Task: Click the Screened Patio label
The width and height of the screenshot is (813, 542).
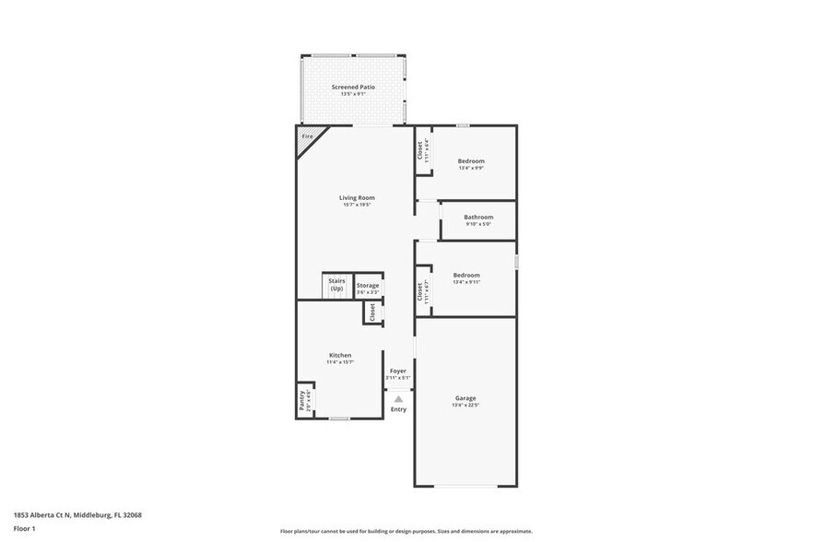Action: pos(353,87)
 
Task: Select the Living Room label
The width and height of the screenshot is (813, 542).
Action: pos(357,197)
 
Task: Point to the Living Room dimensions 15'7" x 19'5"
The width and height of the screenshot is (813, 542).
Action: pos(357,205)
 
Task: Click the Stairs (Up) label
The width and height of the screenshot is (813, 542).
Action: pos(336,286)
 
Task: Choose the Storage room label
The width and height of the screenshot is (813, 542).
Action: pos(368,286)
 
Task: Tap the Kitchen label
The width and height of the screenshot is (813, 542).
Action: pos(340,355)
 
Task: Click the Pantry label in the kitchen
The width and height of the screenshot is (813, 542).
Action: pos(301,400)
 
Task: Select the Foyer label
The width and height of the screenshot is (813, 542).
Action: pos(397,371)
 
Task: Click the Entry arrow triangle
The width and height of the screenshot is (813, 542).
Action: pos(398,399)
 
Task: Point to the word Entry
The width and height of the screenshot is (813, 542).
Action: pos(398,409)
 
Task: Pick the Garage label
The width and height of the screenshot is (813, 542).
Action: pos(465,398)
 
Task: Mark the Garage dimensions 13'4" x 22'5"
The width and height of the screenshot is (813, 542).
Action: pos(465,406)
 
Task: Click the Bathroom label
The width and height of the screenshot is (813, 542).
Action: pos(478,217)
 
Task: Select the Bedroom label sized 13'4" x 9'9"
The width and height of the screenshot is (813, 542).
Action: pos(471,161)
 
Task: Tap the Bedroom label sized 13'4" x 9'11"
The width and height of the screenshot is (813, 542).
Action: pos(465,275)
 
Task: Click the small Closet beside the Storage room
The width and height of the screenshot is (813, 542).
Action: pos(373,312)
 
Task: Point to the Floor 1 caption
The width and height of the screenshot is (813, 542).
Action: pos(25,528)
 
